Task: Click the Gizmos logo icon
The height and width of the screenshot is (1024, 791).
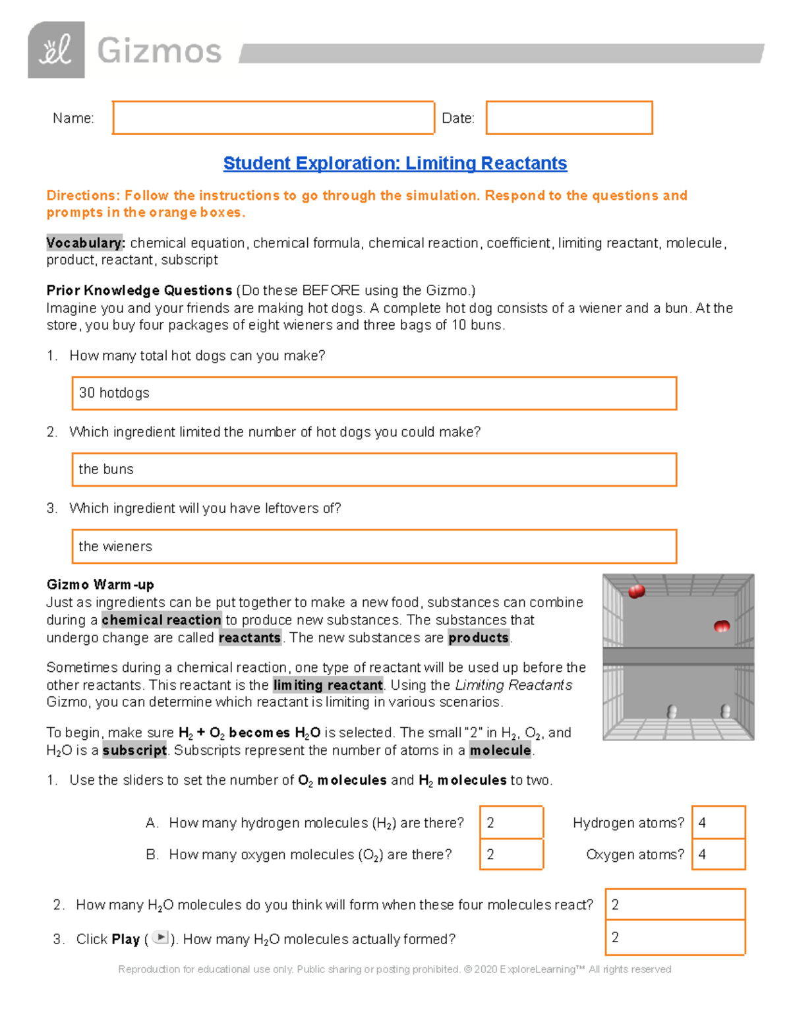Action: coord(56,50)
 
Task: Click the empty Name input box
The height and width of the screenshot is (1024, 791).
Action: coord(273,118)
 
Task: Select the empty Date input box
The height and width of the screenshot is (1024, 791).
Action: coord(569,118)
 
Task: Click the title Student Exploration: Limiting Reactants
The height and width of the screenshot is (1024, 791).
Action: coord(395,164)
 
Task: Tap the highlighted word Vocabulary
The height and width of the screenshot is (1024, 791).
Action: coord(84,243)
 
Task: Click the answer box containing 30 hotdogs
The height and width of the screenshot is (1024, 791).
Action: coord(374,393)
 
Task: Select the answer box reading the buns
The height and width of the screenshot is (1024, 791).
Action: coord(374,469)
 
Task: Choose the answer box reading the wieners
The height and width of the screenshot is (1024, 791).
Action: coord(374,546)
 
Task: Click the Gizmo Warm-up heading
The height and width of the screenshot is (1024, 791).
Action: coord(100,585)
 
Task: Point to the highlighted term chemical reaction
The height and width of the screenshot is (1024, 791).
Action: coord(161,620)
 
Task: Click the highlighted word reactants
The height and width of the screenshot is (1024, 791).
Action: coord(250,638)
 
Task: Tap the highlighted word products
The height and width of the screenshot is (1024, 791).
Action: coord(479,638)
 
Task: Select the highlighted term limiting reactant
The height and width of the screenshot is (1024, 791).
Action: coord(328,685)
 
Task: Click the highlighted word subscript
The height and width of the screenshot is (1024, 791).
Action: coord(134,750)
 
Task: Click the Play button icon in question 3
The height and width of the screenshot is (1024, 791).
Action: coord(160,938)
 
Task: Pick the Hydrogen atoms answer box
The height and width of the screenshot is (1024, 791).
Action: coord(718,822)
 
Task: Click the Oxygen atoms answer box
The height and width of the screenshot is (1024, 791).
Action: coord(718,854)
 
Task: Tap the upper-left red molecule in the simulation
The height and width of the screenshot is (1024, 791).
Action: coord(637,591)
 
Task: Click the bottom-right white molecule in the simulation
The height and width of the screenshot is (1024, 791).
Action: coord(726,711)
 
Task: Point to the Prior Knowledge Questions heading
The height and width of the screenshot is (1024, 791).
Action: coord(139,291)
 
